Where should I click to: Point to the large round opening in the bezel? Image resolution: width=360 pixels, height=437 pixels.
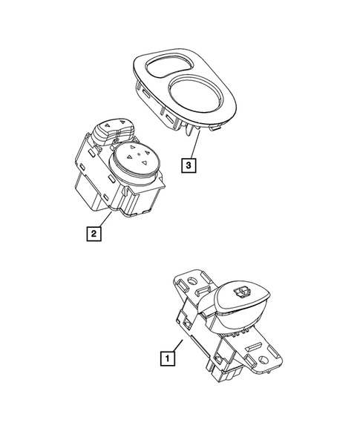194,98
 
